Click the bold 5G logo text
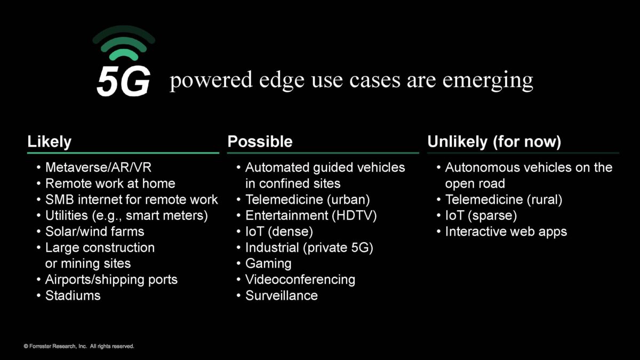(123, 82)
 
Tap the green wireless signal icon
(124, 43)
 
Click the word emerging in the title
(487, 81)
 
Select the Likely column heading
(49, 142)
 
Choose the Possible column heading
(260, 141)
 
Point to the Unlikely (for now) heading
(494, 142)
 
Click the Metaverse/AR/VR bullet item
(98, 167)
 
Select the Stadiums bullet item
(73, 295)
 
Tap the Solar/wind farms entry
(94, 231)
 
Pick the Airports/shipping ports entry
(111, 279)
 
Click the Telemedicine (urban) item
(307, 199)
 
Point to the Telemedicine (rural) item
(503, 199)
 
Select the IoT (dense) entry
(279, 231)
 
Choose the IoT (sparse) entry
(481, 215)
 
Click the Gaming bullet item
(268, 263)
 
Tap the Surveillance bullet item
(282, 295)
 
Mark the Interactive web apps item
(506, 231)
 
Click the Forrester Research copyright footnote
(78, 346)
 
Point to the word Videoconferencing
(300, 279)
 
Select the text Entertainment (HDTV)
(311, 215)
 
